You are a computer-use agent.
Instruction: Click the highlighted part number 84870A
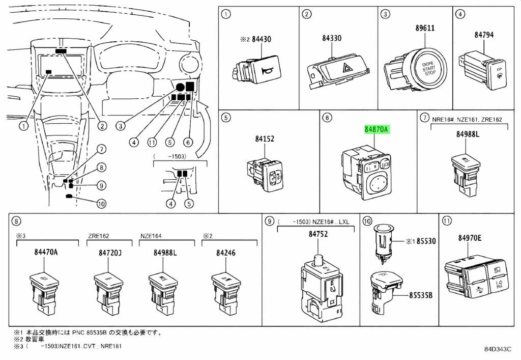(377, 130)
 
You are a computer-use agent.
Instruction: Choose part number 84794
(485, 35)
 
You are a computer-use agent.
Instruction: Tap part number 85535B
(422, 295)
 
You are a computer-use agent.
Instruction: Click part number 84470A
(46, 253)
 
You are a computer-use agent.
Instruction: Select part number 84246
(225, 253)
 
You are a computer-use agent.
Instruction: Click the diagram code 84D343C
(498, 350)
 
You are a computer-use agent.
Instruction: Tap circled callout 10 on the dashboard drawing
(102, 204)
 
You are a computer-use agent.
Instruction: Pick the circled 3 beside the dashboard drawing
(121, 126)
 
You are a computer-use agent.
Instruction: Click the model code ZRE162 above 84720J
(99, 236)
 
